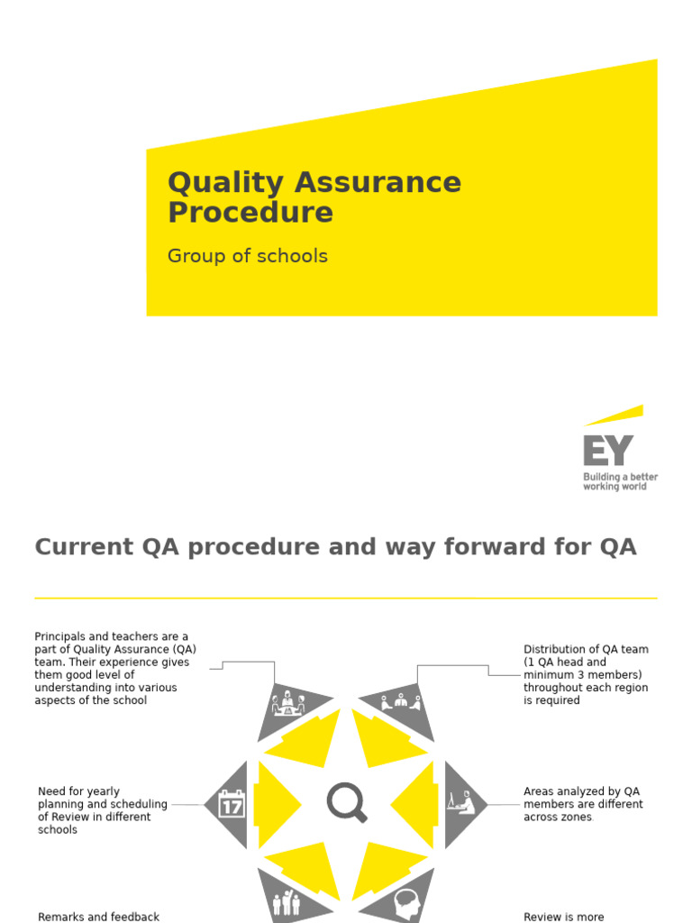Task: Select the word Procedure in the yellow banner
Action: click(250, 213)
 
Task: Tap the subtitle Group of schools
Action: click(247, 256)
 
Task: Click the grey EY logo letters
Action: click(608, 451)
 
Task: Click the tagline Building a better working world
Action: click(620, 481)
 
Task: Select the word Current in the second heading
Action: click(80, 547)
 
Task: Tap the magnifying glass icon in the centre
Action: click(346, 802)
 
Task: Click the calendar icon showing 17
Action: click(232, 804)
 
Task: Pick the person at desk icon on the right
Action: click(460, 801)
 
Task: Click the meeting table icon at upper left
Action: click(288, 703)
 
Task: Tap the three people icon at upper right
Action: click(401, 701)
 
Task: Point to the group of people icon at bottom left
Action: click(286, 902)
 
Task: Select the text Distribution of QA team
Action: click(586, 649)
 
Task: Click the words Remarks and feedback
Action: click(98, 917)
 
